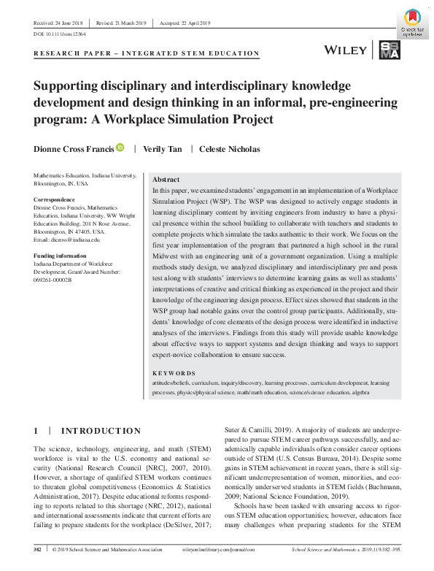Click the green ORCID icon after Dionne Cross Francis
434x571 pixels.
click(x=120, y=148)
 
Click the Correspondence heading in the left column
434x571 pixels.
click(x=54, y=199)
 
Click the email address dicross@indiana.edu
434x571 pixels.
click(x=67, y=239)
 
